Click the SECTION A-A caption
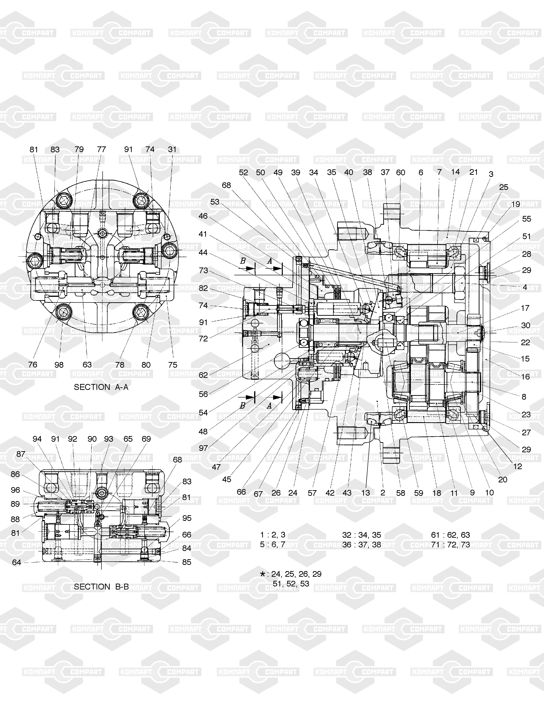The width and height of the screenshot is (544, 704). (x=101, y=387)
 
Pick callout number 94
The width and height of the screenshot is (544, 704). (x=37, y=439)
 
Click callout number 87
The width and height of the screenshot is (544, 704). (x=21, y=454)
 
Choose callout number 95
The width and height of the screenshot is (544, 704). (x=187, y=518)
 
